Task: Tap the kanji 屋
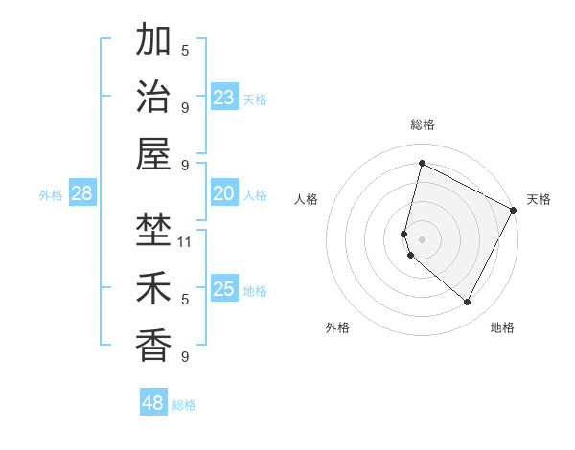pos(154,153)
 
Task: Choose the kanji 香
pos(154,344)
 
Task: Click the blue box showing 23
pos(224,98)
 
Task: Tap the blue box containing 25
pos(224,289)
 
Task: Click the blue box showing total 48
pos(153,403)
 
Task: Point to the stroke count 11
pos(186,241)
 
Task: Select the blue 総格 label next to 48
pos(184,405)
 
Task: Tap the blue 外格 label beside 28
pos(51,195)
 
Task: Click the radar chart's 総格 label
pos(422,124)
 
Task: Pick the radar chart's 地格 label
pos(502,328)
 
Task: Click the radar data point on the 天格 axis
pos(514,210)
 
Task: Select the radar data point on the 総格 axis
pos(422,164)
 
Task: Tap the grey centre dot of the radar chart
pos(422,238)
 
